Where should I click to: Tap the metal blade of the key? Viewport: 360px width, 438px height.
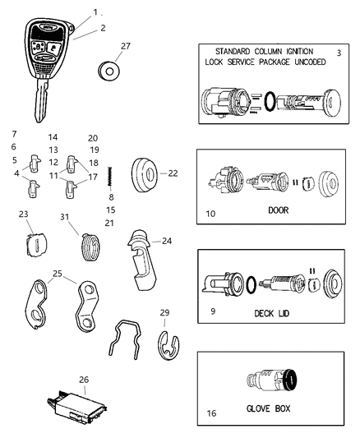[38, 102]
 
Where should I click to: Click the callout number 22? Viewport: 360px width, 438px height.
[173, 173]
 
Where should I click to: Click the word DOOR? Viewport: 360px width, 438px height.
[278, 210]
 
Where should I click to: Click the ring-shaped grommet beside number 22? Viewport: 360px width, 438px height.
[147, 173]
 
